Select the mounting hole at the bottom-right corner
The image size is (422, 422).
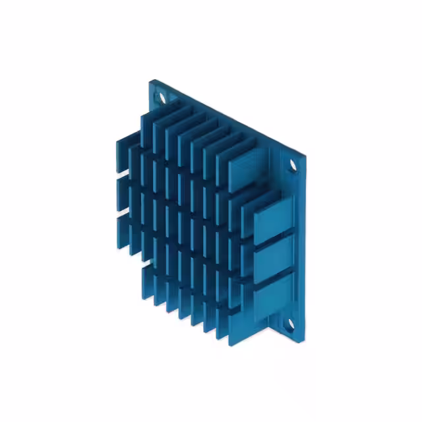pos(287,323)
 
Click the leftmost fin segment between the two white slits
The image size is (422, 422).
pos(122,195)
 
